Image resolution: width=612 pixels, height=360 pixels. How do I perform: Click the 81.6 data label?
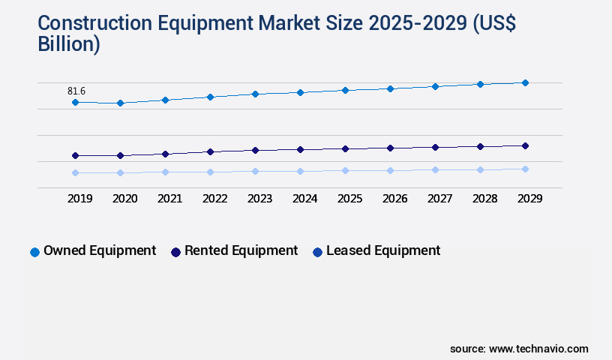[x=76, y=91]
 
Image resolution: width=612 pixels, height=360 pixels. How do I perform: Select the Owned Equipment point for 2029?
[x=525, y=82]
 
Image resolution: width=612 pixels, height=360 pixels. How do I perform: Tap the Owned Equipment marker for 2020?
[x=120, y=103]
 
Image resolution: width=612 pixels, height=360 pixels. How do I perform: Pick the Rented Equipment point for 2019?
[x=75, y=155]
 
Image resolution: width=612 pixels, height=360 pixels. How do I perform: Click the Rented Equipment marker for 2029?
[x=525, y=145]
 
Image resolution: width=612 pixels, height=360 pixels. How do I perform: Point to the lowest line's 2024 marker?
[x=300, y=171]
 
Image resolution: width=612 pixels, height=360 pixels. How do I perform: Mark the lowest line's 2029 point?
[x=525, y=169]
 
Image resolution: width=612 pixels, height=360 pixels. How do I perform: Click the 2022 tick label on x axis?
[x=214, y=199]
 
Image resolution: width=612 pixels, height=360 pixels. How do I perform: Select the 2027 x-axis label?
[x=439, y=199]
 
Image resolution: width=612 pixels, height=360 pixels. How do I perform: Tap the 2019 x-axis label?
[x=79, y=199]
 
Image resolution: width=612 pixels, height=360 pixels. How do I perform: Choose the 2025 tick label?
[x=349, y=199]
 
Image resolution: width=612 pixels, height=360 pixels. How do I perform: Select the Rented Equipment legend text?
[x=241, y=250]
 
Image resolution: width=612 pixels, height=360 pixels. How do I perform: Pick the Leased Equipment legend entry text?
[x=383, y=250]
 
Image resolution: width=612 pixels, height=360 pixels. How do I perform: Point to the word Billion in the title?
[x=69, y=43]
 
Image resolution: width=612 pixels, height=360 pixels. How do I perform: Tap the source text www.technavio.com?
[x=538, y=349]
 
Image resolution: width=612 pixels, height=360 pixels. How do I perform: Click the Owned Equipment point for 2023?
[x=255, y=94]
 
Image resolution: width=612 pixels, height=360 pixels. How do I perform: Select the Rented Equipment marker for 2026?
[x=390, y=148]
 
